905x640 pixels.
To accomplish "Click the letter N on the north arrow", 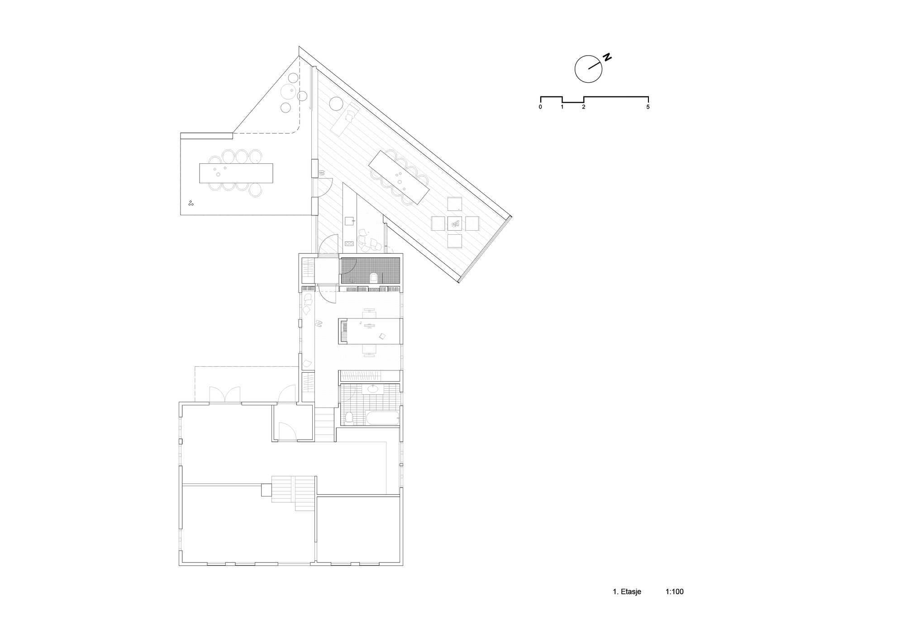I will click(x=607, y=57).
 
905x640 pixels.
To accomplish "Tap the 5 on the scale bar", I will click(x=648, y=107).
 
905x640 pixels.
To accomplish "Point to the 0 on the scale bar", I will click(x=540, y=107).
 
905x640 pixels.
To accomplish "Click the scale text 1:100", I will click(x=674, y=592).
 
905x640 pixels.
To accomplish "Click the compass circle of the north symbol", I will click(x=589, y=69).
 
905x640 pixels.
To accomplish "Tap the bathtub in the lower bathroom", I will click(x=382, y=418).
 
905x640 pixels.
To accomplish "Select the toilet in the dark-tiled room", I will click(x=374, y=277).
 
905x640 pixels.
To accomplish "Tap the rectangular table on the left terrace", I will click(x=236, y=173).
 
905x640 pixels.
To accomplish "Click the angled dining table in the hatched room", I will click(x=399, y=177).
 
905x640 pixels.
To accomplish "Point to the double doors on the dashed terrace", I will click(x=224, y=394).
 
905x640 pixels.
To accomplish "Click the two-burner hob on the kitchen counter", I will click(x=349, y=243).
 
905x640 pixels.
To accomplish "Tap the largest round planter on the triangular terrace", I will click(x=288, y=93).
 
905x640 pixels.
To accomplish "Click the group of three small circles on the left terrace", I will click(x=191, y=203).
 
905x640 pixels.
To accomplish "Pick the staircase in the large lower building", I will click(x=293, y=493).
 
